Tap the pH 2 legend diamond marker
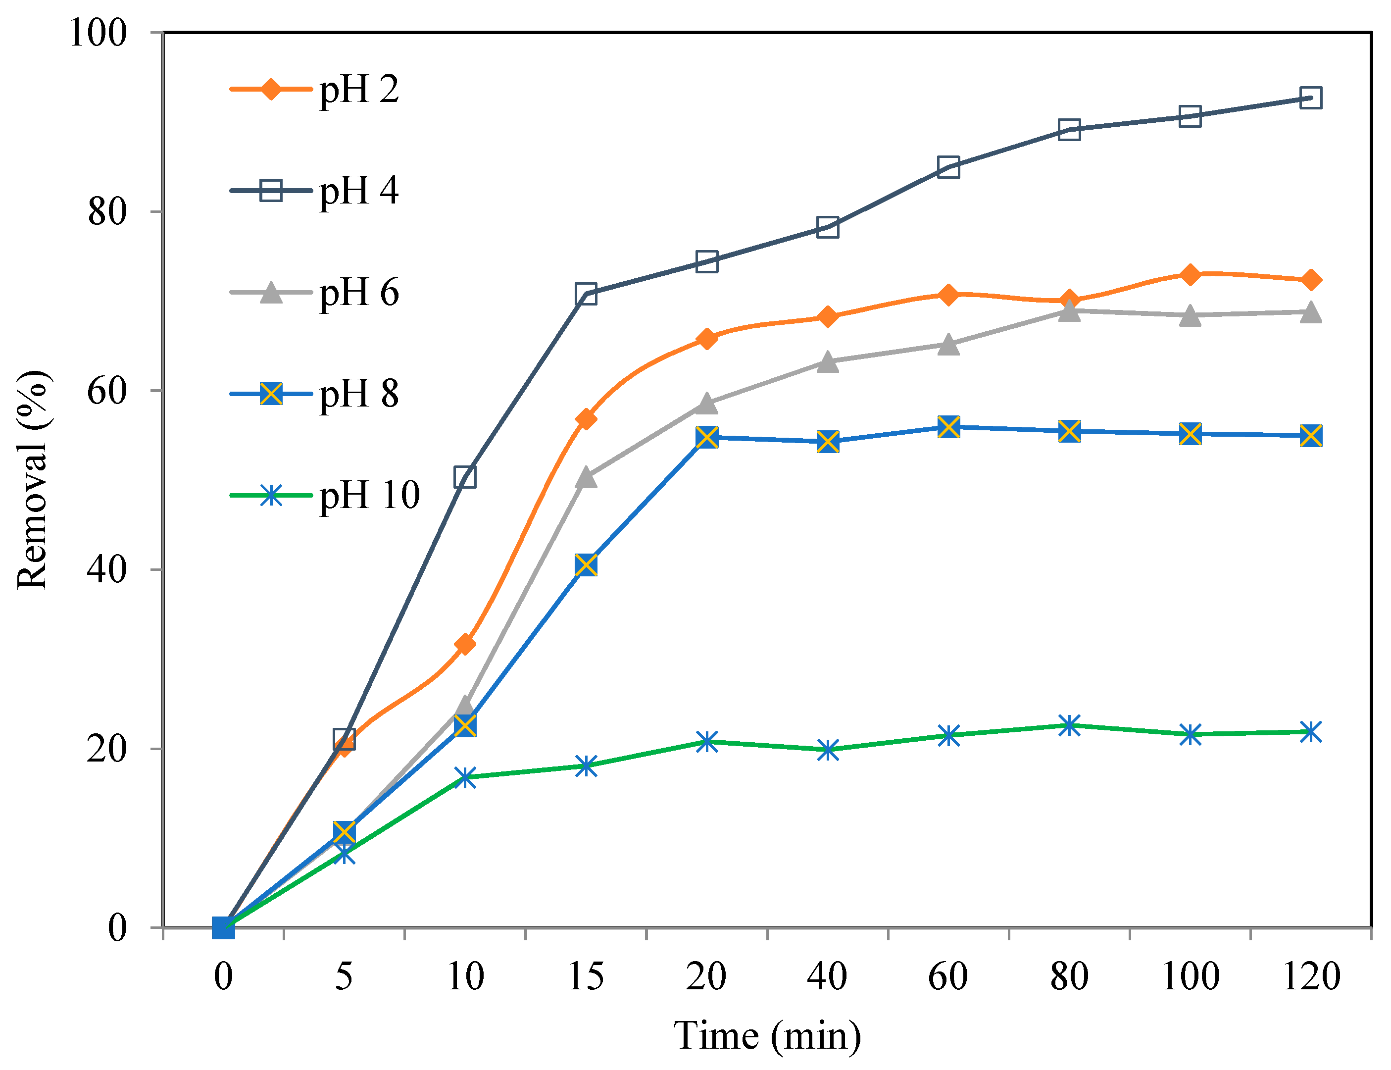click(271, 89)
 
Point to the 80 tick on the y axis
click(107, 211)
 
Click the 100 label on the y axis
click(98, 33)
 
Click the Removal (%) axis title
click(32, 480)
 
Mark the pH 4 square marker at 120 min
click(1311, 98)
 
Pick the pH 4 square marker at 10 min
click(465, 477)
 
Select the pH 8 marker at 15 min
click(586, 565)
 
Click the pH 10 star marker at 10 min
click(465, 777)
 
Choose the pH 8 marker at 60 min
click(948, 427)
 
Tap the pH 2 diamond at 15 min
click(586, 418)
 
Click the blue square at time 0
click(223, 928)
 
